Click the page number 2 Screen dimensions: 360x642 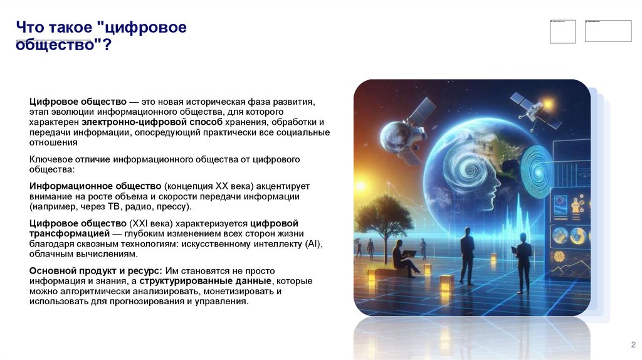pos(633,344)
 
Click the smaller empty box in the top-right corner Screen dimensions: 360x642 pos(562,31)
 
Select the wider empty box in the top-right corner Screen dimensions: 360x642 pos(608,31)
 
